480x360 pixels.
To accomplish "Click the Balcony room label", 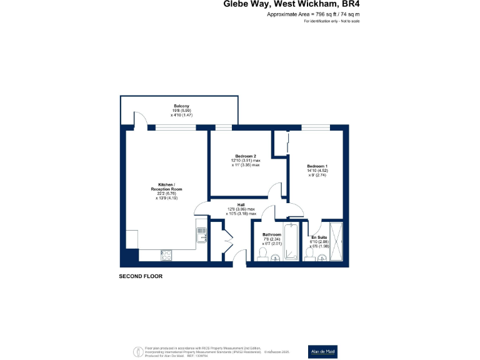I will [x=181, y=106].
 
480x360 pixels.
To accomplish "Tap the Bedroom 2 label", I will [x=246, y=156].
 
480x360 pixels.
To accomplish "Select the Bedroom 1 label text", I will [x=317, y=166].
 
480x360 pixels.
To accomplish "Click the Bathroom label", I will [x=272, y=235].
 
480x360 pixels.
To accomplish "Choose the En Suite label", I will [x=319, y=237].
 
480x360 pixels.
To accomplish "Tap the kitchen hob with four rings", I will [x=167, y=254].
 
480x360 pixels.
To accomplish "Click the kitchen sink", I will [x=202, y=235].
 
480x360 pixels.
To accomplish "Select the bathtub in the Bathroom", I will [x=292, y=241].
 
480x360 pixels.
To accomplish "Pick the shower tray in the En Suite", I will [x=336, y=241].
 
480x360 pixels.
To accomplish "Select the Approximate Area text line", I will [x=313, y=14].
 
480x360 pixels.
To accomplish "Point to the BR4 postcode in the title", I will [x=350, y=4].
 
